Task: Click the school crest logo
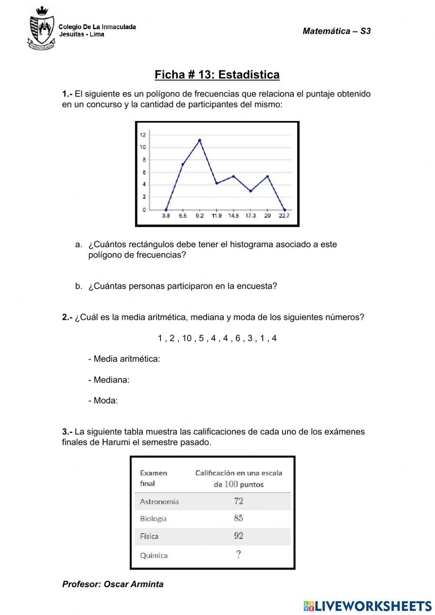pyautogui.click(x=42, y=28)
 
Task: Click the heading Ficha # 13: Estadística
pyautogui.click(x=217, y=75)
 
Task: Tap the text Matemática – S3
pyautogui.click(x=336, y=31)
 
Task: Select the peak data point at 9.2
pyautogui.click(x=200, y=140)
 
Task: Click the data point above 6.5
pyautogui.click(x=183, y=165)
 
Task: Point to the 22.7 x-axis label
pyautogui.click(x=284, y=216)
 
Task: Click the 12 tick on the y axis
pyautogui.click(x=143, y=135)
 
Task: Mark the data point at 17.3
pyautogui.click(x=251, y=191)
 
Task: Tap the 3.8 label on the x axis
pyautogui.click(x=166, y=216)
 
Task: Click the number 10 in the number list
pyautogui.click(x=187, y=338)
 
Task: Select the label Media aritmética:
pyautogui.click(x=124, y=359)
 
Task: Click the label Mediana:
pyautogui.click(x=109, y=380)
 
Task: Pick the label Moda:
pyautogui.click(x=103, y=401)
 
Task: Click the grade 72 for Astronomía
pyautogui.click(x=238, y=501)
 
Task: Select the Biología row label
pyautogui.click(x=153, y=518)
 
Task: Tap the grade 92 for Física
pyautogui.click(x=238, y=536)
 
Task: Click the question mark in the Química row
pyautogui.click(x=238, y=555)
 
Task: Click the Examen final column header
pyautogui.click(x=153, y=478)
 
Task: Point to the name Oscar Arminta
pyautogui.click(x=134, y=584)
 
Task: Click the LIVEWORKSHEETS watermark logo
pyautogui.click(x=368, y=605)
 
